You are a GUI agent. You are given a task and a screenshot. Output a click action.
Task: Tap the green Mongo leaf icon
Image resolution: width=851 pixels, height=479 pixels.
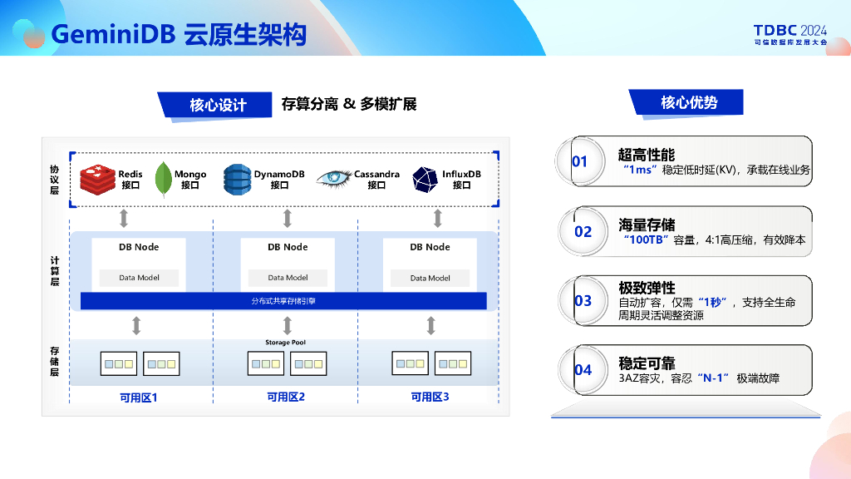pyautogui.click(x=164, y=179)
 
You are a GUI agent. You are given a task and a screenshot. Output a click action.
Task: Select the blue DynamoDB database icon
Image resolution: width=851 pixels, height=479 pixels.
pyautogui.click(x=237, y=179)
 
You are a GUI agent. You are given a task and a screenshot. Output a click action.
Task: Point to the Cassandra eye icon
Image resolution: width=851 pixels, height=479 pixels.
pyautogui.click(x=334, y=179)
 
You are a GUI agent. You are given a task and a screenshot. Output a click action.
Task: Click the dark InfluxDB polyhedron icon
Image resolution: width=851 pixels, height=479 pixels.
pyautogui.click(x=425, y=180)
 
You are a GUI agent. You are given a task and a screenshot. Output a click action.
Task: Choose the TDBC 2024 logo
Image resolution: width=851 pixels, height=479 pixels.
pyautogui.click(x=790, y=33)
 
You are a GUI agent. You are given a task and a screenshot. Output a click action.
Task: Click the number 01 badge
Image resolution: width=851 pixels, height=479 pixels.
pyautogui.click(x=579, y=161)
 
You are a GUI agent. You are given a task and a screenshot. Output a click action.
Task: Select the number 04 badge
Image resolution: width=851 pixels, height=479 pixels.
pyautogui.click(x=583, y=370)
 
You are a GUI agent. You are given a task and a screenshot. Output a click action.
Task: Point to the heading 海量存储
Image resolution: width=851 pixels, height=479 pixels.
pyautogui.click(x=647, y=225)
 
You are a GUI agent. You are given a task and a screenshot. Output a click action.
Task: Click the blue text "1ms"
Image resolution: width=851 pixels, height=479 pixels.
pyautogui.click(x=639, y=170)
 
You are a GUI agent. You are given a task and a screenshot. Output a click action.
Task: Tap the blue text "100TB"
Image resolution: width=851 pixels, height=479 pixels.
pyautogui.click(x=647, y=239)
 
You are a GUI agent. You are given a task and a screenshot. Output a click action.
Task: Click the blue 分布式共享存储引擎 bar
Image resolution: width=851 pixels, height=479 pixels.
pyautogui.click(x=283, y=301)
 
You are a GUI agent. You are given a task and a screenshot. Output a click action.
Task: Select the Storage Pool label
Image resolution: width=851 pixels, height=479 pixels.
pyautogui.click(x=286, y=343)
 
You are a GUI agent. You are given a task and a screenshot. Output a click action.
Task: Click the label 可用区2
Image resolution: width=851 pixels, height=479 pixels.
pyautogui.click(x=286, y=398)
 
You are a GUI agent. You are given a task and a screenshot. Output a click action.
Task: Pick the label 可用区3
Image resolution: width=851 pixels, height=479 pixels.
pyautogui.click(x=430, y=398)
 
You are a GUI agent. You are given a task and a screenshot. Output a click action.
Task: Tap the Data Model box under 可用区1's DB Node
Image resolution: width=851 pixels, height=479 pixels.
pyautogui.click(x=139, y=278)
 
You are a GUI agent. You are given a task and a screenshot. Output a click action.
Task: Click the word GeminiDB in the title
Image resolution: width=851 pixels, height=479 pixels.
pyautogui.click(x=113, y=34)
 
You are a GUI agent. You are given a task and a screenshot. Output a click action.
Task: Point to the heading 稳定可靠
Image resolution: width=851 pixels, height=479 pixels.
pyautogui.click(x=647, y=363)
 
